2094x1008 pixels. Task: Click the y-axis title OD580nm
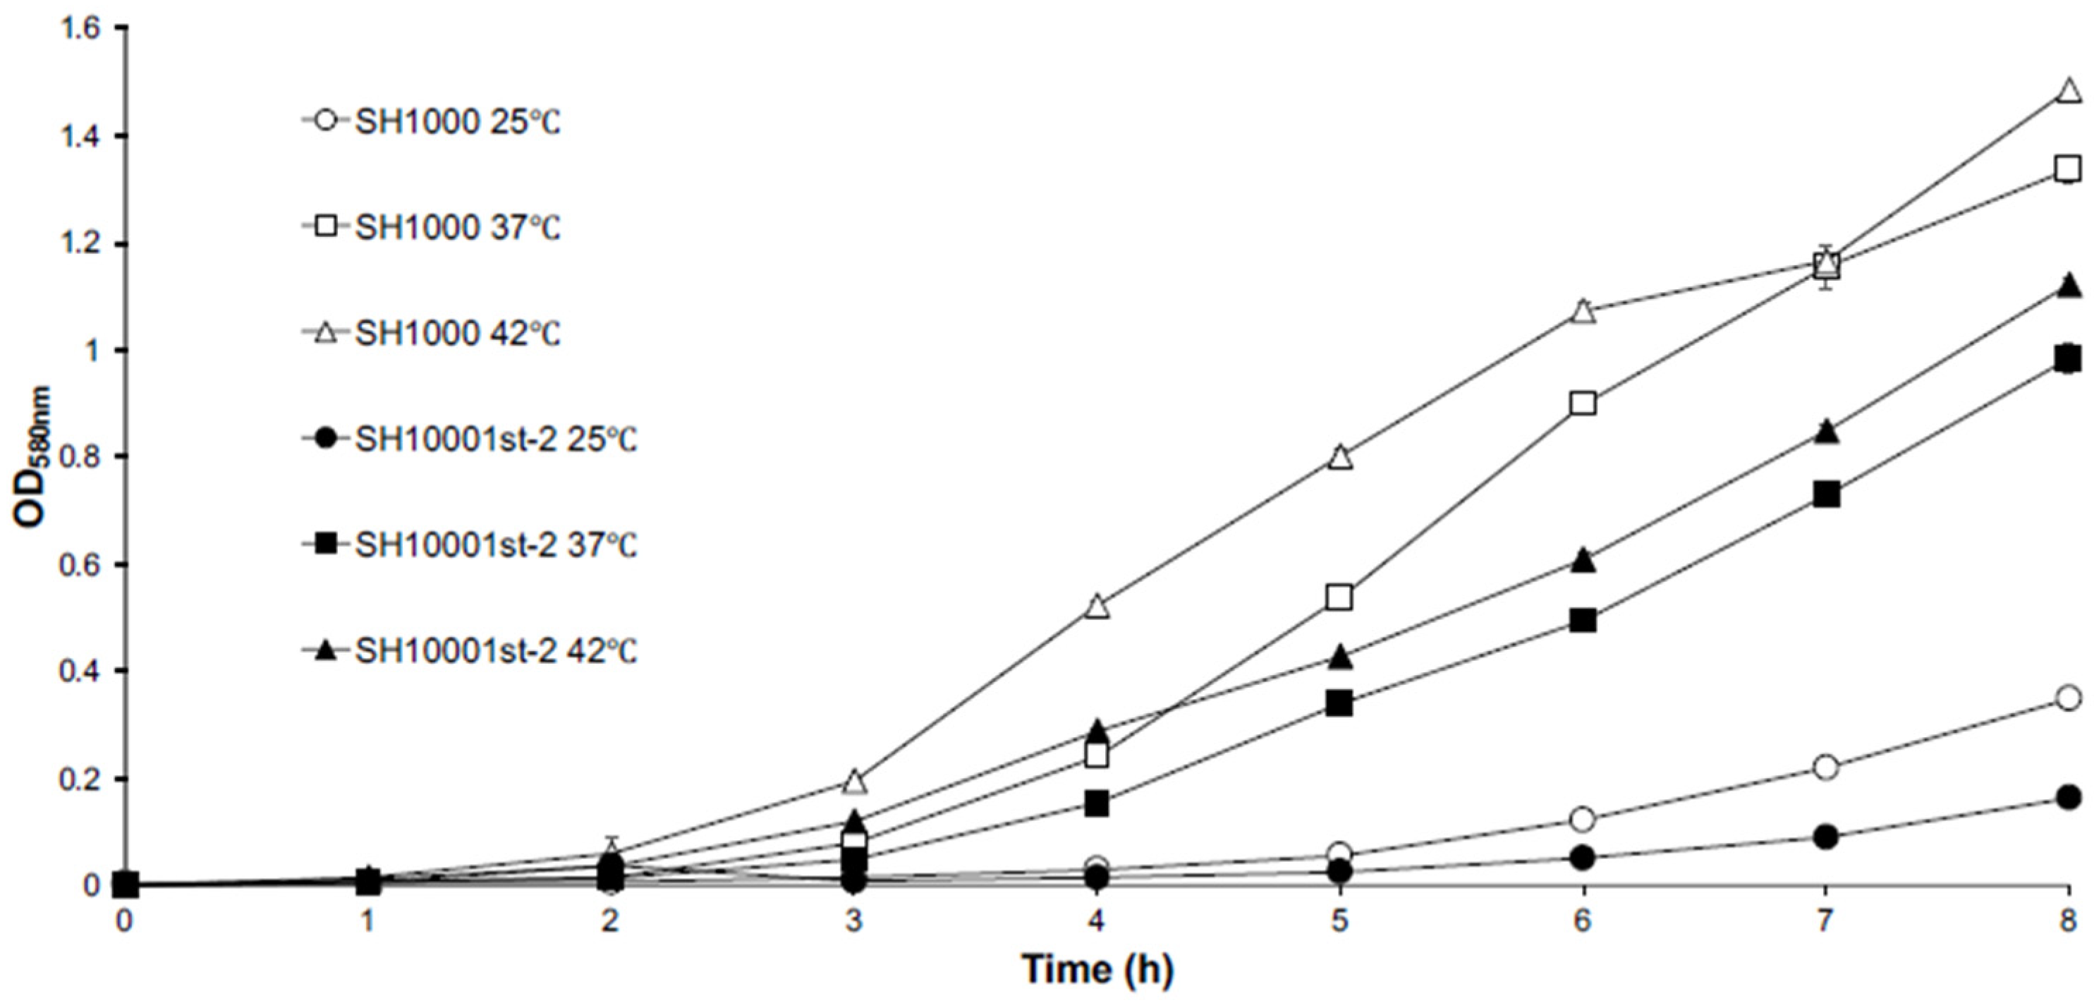(34, 457)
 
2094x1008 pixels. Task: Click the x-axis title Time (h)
(1097, 969)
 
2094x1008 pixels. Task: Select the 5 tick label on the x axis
(1339, 921)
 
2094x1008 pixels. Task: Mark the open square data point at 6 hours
(1583, 403)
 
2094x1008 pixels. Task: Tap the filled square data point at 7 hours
(1826, 494)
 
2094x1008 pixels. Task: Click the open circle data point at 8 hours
(2069, 698)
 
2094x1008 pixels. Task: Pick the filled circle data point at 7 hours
(1826, 837)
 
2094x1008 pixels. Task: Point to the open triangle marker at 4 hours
(1097, 607)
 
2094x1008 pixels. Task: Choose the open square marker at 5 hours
(1339, 597)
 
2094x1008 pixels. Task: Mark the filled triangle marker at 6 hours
(1583, 560)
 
